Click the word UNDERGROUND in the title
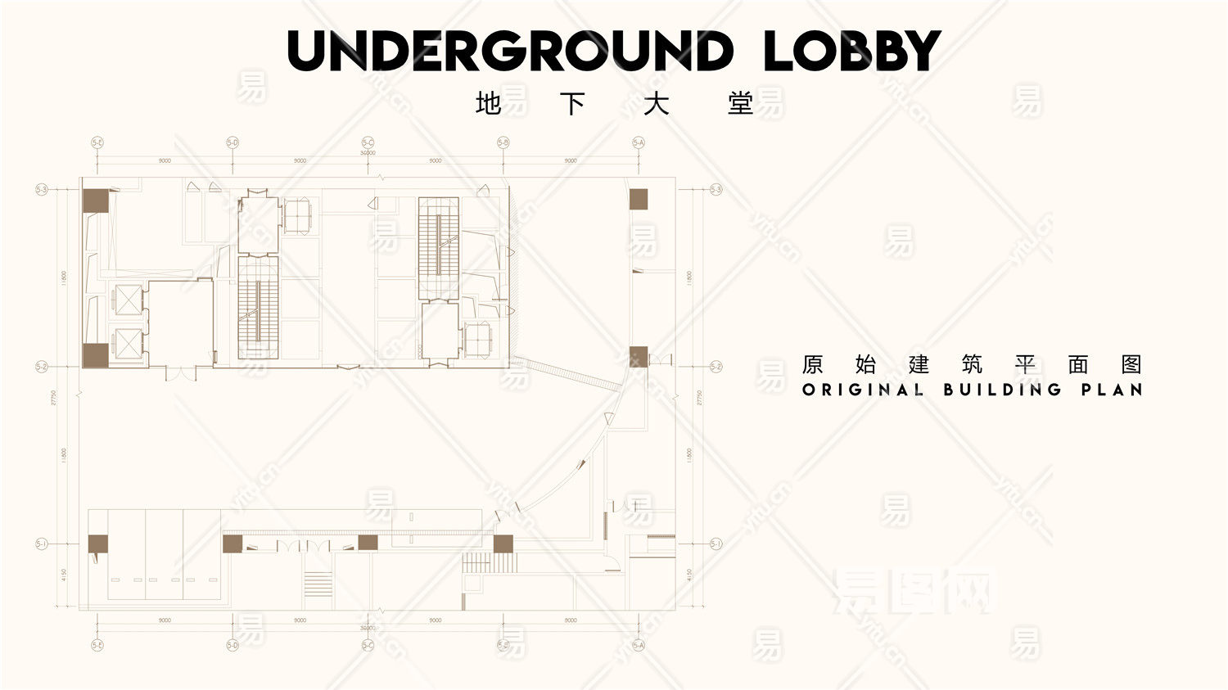(x=510, y=51)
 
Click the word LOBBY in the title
(x=851, y=51)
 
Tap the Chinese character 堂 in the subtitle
(x=740, y=104)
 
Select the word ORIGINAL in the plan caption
(x=863, y=390)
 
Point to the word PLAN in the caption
(x=1111, y=390)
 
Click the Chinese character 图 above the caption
(x=1131, y=364)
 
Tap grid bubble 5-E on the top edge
(x=97, y=142)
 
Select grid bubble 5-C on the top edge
(x=368, y=142)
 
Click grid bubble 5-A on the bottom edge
(x=639, y=645)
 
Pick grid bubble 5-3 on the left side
(x=42, y=189)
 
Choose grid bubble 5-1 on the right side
(x=716, y=543)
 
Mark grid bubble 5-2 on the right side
(x=716, y=367)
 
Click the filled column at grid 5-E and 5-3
(x=95, y=201)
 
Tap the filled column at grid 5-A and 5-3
(x=639, y=199)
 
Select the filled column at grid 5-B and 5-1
(x=503, y=543)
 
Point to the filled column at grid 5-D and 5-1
(x=233, y=543)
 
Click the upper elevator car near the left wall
(x=128, y=300)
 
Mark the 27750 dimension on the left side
(x=54, y=397)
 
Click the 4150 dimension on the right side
(x=689, y=576)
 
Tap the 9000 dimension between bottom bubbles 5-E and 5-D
(x=165, y=620)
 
